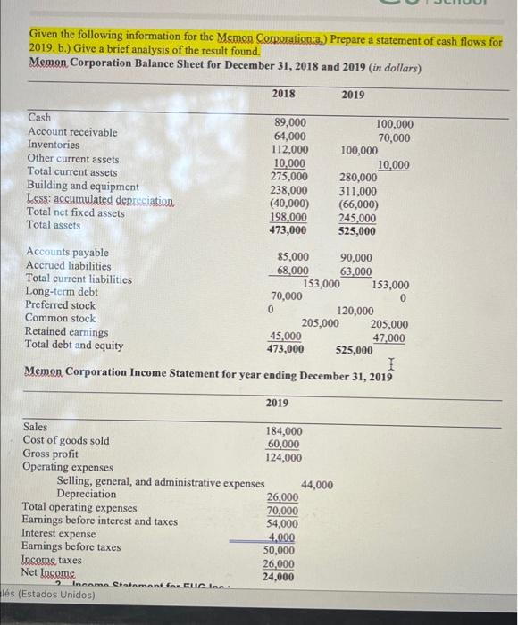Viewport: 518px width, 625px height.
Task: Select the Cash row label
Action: point(40,118)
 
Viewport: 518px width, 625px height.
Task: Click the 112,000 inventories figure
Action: point(288,150)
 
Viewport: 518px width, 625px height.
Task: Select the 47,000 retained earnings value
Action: point(389,337)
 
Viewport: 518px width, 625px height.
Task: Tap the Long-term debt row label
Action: point(62,292)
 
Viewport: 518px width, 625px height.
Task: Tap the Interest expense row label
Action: point(59,534)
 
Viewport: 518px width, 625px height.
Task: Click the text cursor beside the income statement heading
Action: point(392,362)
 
